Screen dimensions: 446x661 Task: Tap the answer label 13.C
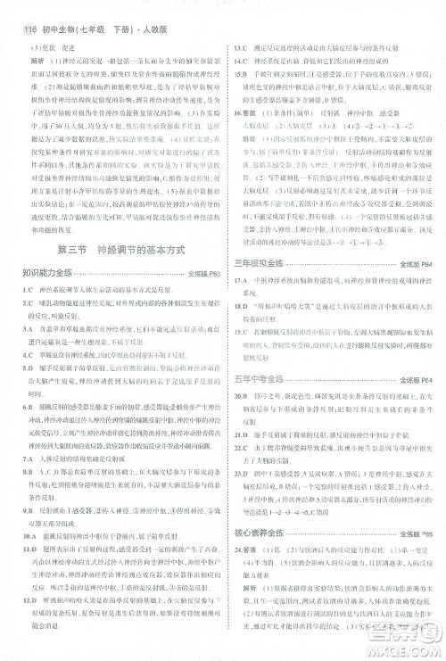point(240,46)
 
